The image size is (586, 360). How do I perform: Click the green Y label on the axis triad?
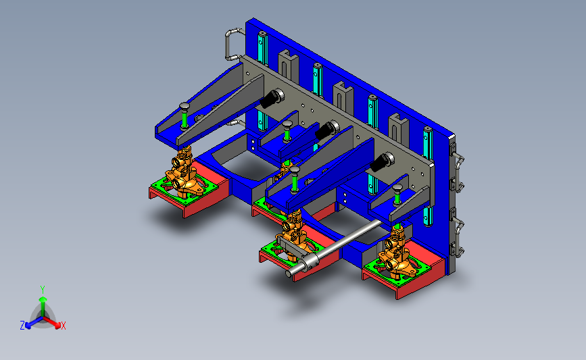(42, 288)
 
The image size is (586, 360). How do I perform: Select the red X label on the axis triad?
(64, 326)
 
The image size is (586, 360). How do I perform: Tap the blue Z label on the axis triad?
(22, 326)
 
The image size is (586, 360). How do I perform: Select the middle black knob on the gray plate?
(326, 129)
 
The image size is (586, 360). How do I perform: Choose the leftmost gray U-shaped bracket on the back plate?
(287, 66)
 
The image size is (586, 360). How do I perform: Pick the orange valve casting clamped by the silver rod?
(291, 234)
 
